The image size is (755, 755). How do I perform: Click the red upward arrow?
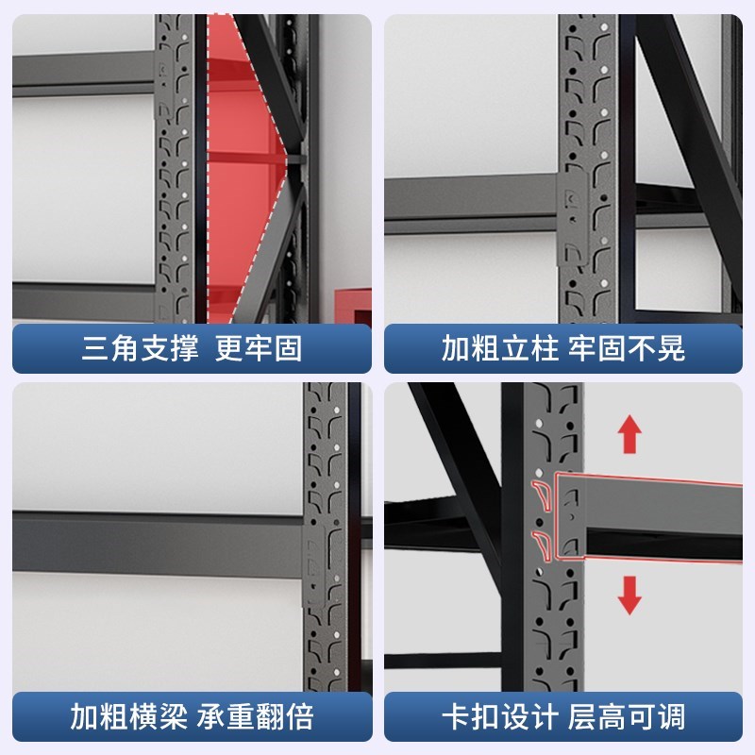click(629, 436)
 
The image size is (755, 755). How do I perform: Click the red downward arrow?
click(629, 594)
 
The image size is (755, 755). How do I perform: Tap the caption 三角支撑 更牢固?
click(192, 348)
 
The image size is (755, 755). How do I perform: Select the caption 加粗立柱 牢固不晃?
click(563, 348)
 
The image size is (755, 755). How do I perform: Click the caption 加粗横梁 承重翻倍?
click(192, 716)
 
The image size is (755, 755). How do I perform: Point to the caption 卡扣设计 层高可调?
click(563, 716)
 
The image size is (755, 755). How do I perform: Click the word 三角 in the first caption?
click(101, 348)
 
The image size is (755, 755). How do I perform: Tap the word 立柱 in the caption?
click(523, 348)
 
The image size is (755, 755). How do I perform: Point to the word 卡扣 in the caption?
click(461, 716)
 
